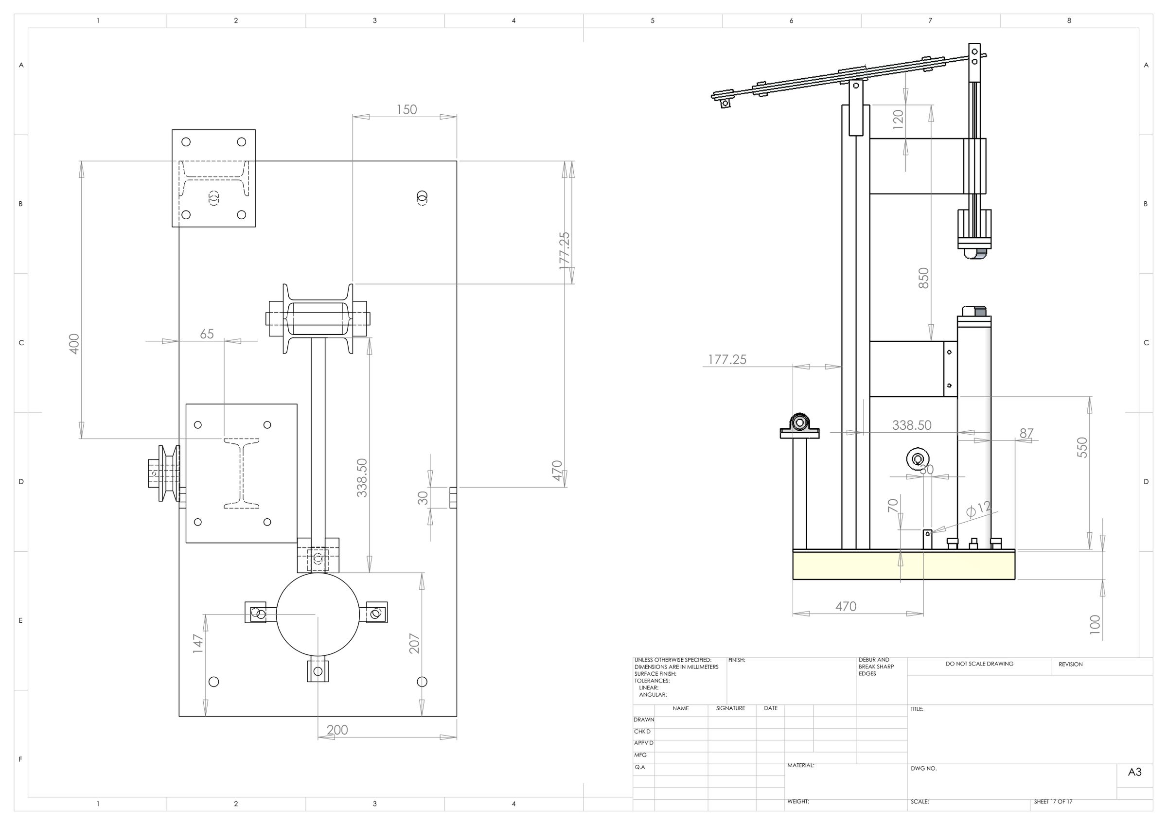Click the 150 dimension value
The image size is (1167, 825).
(x=407, y=109)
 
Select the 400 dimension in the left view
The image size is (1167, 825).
(x=74, y=344)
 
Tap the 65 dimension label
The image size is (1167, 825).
(x=207, y=334)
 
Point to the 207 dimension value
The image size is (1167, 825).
(x=414, y=644)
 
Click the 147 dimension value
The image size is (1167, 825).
(x=198, y=643)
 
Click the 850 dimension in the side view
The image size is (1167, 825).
(x=923, y=278)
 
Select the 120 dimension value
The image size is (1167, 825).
(x=898, y=120)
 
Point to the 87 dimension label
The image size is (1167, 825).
(x=1026, y=433)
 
